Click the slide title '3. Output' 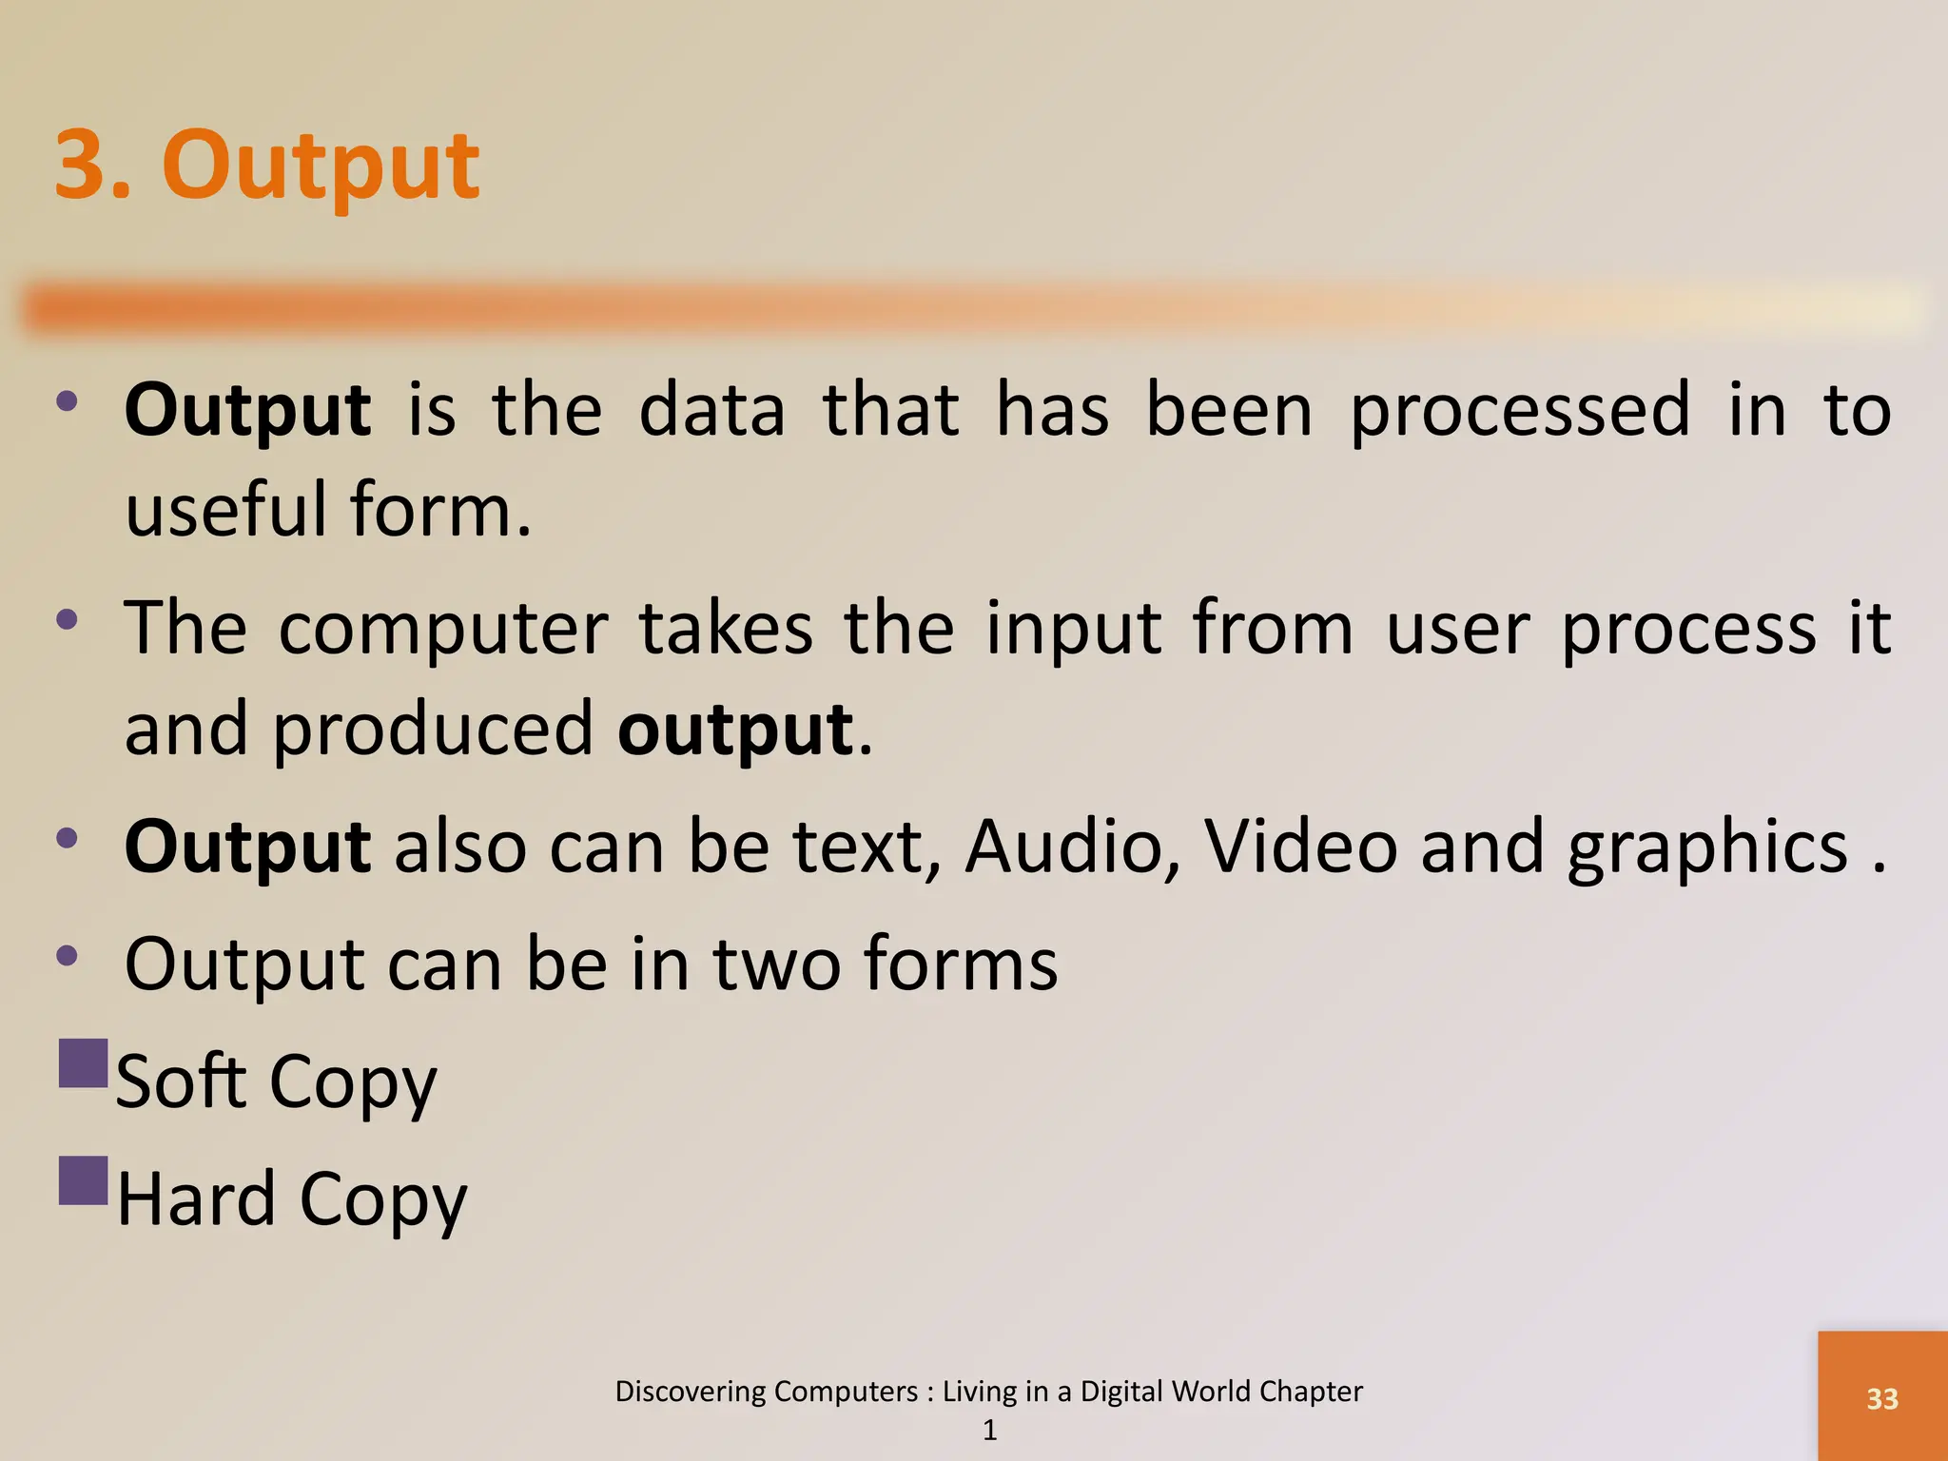coord(267,166)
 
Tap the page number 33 coord(1881,1398)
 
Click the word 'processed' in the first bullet coord(1520,411)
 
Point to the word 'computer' coord(443,630)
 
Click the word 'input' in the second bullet coord(1073,630)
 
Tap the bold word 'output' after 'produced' coord(736,730)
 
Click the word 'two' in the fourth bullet coord(776,964)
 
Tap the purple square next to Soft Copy coord(84,1062)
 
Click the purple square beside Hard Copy coord(84,1180)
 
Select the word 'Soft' coord(180,1081)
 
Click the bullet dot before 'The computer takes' coord(67,621)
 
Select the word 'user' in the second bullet coord(1456,630)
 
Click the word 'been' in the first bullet coord(1229,411)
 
